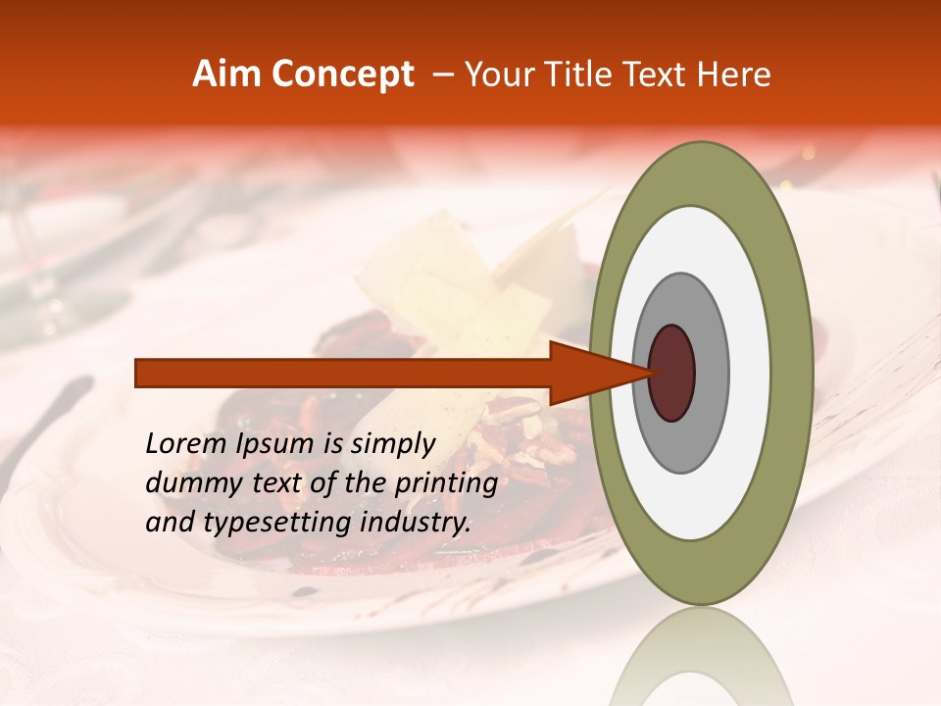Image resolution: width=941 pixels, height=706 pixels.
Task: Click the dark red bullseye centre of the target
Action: tap(672, 373)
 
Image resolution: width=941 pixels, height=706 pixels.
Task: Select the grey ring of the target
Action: tap(710, 373)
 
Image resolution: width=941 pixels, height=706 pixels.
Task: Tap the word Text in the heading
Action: tap(662, 75)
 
